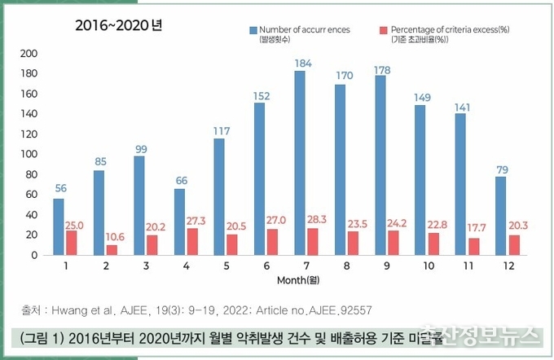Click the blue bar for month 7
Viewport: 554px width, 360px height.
coord(300,163)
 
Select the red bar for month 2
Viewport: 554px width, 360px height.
coord(112,250)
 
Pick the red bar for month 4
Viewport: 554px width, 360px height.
coord(192,241)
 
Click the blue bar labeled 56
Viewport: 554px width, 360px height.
coord(59,226)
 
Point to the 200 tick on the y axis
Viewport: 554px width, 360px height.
coord(29,54)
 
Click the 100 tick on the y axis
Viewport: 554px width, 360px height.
coord(29,155)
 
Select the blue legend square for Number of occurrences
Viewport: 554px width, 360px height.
coord(253,29)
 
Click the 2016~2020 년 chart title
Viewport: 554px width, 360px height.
coord(119,25)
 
